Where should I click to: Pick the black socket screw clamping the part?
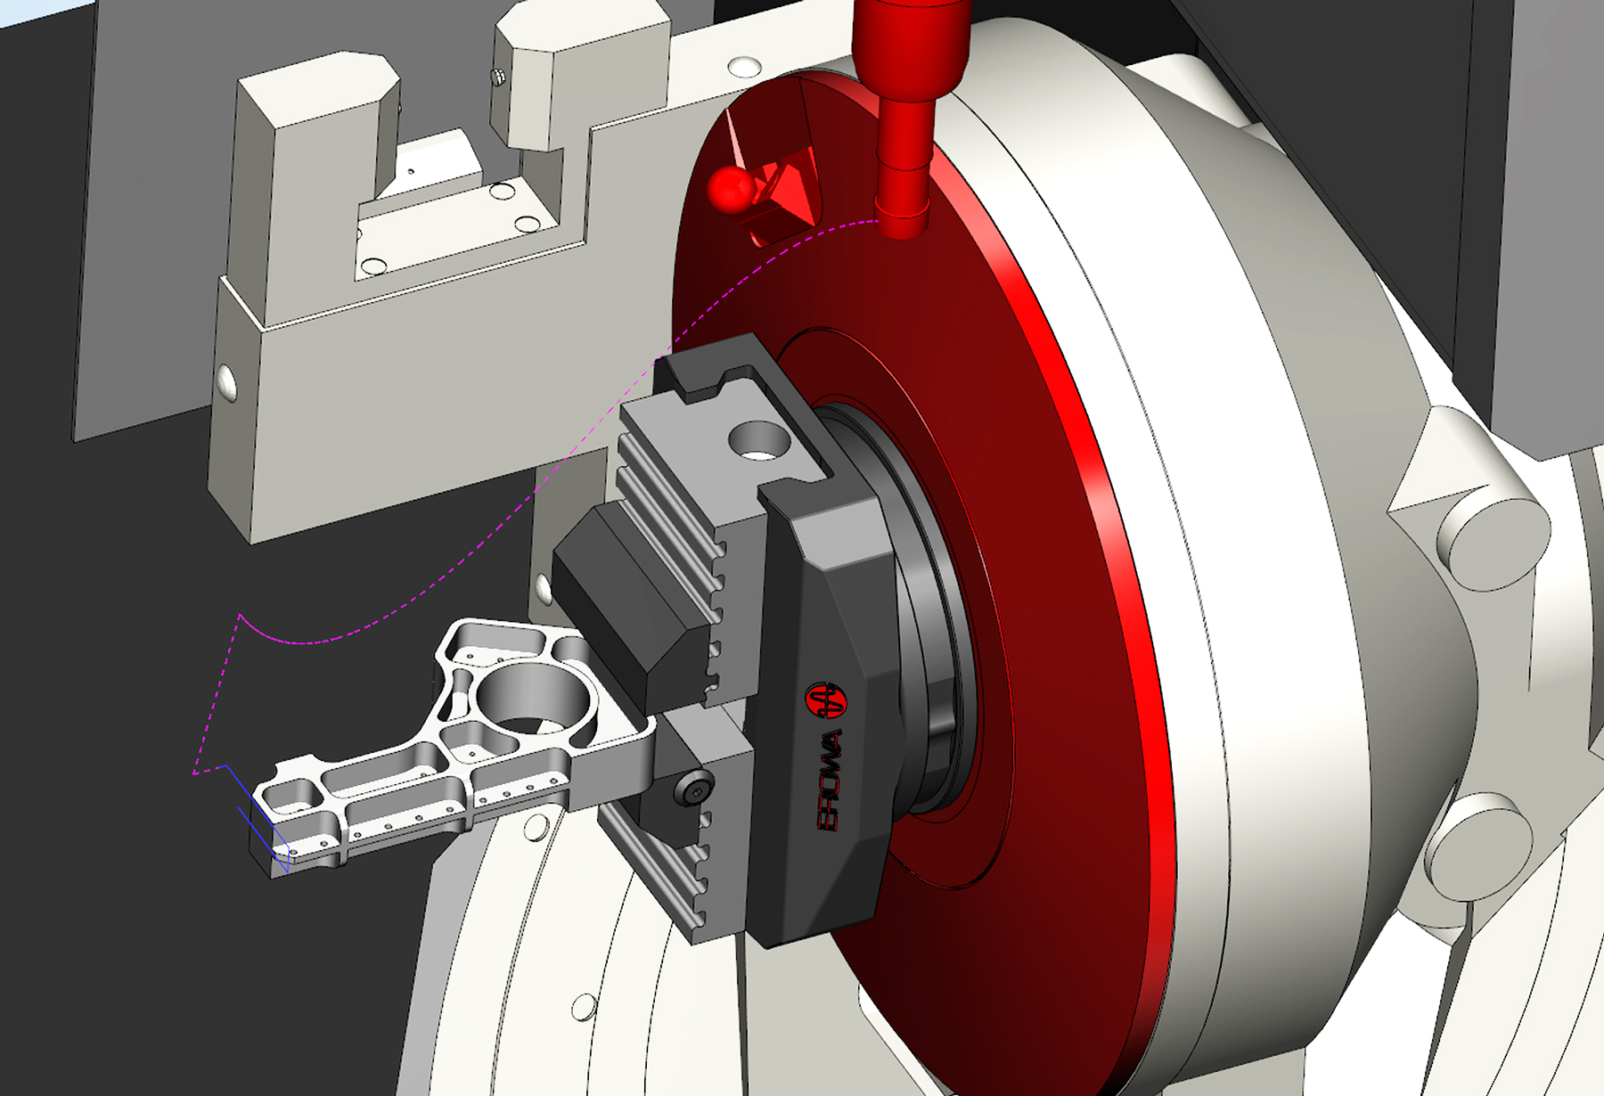pyautogui.click(x=693, y=788)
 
